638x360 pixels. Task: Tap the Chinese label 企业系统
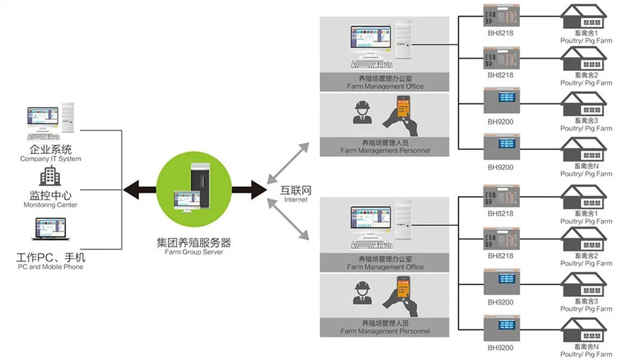[x=50, y=150]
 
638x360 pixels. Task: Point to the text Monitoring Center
[x=50, y=205]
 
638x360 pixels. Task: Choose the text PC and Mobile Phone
[x=50, y=267]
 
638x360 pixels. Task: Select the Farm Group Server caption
[x=194, y=252]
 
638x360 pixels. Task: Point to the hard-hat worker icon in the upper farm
[x=363, y=112]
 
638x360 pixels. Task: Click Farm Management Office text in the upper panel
[x=385, y=86]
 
